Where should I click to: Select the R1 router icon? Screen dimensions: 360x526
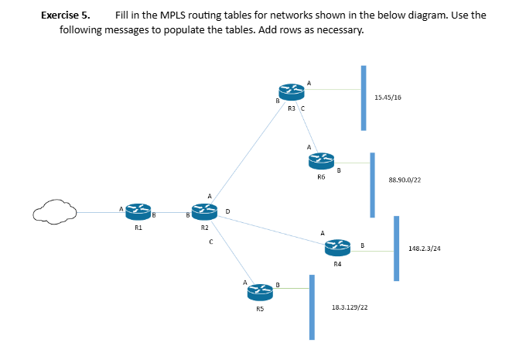click(137, 211)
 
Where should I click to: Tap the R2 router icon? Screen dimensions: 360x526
click(204, 211)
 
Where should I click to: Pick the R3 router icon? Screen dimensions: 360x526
click(291, 91)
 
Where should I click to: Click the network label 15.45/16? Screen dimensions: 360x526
click(387, 98)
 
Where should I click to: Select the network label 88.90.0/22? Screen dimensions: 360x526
click(405, 180)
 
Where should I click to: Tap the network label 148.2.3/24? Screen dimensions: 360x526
click(425, 249)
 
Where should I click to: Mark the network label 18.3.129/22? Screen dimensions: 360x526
click(349, 307)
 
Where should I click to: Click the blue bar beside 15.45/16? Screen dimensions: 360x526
click(362, 98)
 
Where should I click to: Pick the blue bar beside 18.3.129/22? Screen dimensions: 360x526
click(312, 307)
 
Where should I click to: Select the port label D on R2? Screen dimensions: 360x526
click(227, 210)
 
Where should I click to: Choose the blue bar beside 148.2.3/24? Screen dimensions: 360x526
click(397, 249)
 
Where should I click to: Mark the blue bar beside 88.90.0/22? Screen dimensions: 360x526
click(373, 185)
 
